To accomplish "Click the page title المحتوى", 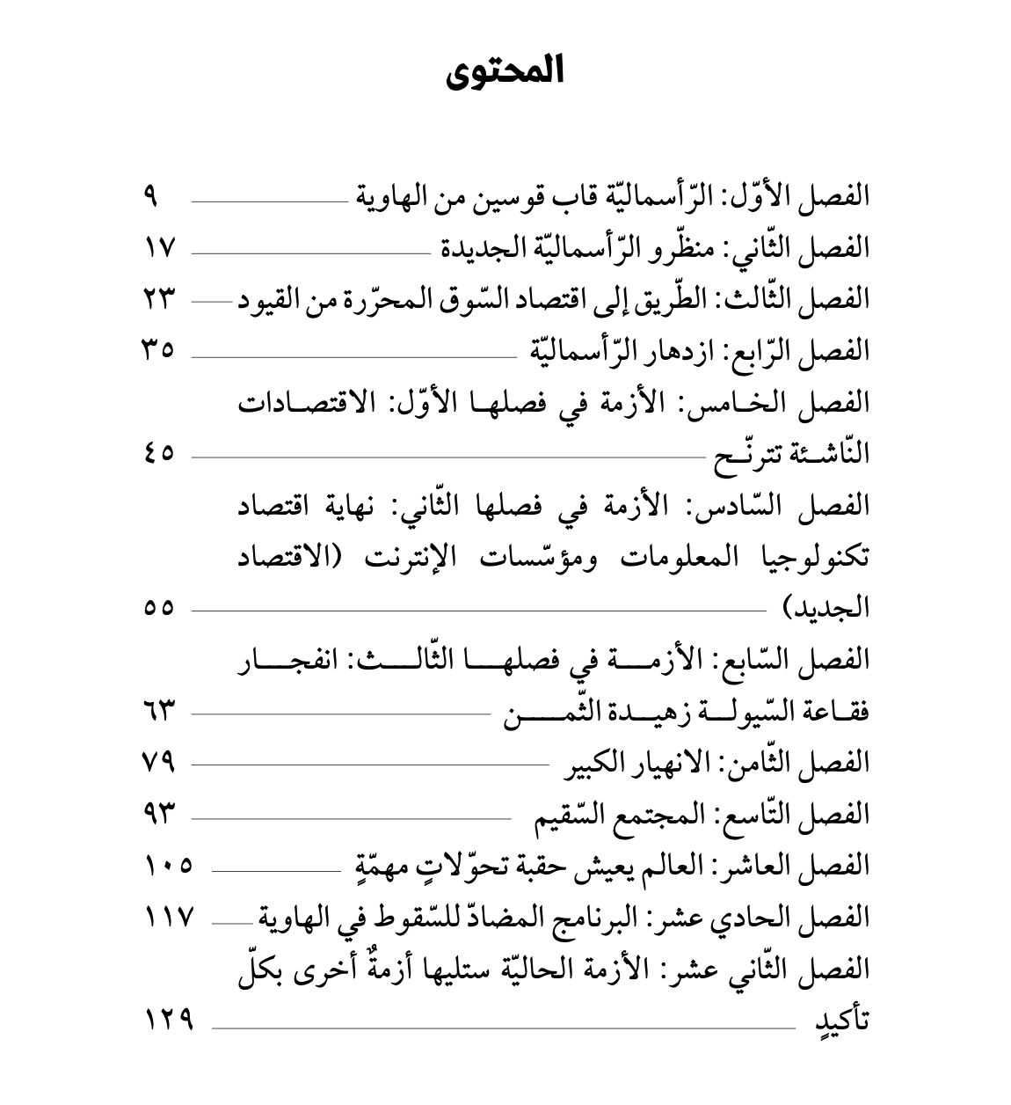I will pyautogui.click(x=505, y=72).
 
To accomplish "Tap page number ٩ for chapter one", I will pyautogui.click(x=150, y=194).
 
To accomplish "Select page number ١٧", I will pyautogui.click(x=160, y=246).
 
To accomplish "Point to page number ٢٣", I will pyautogui.click(x=160, y=298).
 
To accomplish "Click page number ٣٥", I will pyautogui.click(x=160, y=350).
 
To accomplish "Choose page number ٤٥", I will pyautogui.click(x=160, y=453).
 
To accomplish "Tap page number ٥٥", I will pyautogui.click(x=160, y=608).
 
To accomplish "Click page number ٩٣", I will pyautogui.click(x=160, y=814).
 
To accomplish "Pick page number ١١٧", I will pyautogui.click(x=167, y=917).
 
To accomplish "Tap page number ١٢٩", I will pyautogui.click(x=167, y=1020).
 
